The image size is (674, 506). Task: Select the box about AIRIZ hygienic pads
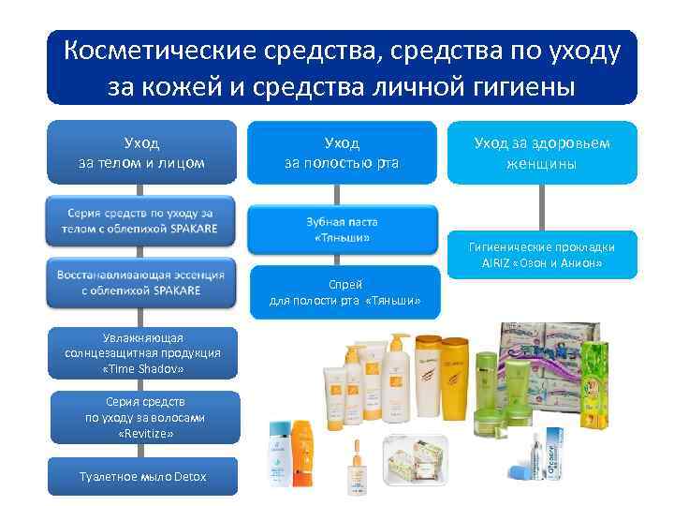coord(542,254)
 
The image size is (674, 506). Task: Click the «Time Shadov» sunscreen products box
coord(142,353)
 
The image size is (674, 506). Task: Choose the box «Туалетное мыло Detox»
coord(143,477)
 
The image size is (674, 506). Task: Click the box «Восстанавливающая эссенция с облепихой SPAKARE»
coord(141,282)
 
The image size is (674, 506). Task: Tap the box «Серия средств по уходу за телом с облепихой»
coord(141,220)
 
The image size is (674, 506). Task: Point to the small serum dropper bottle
coord(358,473)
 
